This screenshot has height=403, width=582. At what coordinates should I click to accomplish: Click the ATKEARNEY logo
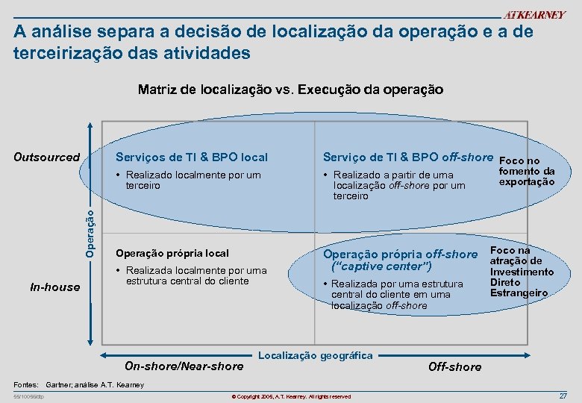[533, 16]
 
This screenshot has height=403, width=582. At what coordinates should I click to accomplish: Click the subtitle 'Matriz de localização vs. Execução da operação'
[290, 90]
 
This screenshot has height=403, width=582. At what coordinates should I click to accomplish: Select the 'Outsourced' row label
[47, 157]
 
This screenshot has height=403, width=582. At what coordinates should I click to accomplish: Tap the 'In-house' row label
[54, 287]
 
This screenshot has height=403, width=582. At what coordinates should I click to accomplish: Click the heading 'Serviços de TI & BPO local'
[191, 157]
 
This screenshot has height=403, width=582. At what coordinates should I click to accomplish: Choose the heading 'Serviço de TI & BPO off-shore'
[407, 157]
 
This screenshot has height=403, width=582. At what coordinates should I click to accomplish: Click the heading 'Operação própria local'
[172, 253]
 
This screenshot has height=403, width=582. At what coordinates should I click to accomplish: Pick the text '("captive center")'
[382, 266]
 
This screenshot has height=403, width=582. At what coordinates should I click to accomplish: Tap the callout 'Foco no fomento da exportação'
[526, 171]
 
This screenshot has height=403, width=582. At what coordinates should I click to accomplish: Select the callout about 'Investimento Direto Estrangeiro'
[522, 272]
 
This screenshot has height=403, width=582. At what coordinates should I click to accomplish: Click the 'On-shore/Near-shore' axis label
[184, 366]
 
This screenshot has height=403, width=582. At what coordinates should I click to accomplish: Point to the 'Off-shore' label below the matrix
[454, 366]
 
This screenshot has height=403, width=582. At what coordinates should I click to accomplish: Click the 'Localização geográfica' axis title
[316, 355]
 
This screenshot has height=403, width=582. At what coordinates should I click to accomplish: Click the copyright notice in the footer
[291, 396]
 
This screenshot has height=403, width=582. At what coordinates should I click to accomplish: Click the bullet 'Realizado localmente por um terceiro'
[193, 180]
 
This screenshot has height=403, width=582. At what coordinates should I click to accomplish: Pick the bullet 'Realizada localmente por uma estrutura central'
[198, 275]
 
